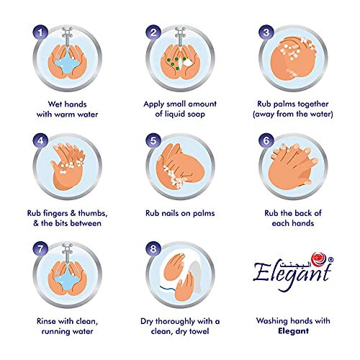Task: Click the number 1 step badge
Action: (40, 32)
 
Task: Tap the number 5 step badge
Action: (153, 140)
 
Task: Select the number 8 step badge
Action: (153, 248)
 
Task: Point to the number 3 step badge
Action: (266, 32)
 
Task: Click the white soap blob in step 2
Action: (188, 62)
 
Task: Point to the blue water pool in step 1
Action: (67, 63)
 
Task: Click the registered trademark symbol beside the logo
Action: (330, 259)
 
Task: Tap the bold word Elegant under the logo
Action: (293, 331)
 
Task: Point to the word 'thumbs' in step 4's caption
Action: (93, 213)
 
